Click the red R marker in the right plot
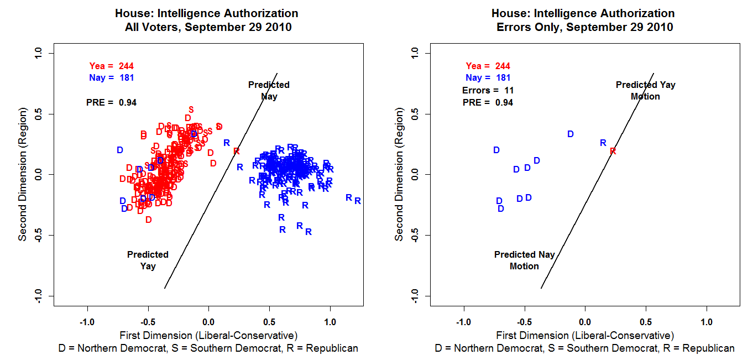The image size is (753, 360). tap(613, 151)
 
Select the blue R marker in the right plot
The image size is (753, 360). tap(603, 143)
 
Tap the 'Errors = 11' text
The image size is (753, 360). tap(488, 90)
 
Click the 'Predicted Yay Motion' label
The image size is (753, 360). tap(645, 91)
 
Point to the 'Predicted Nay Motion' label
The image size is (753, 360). tap(524, 260)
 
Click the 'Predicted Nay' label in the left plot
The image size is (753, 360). tap(269, 91)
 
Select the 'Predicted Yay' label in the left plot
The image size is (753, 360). tap(148, 260)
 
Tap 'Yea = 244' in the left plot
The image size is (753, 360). tap(112, 66)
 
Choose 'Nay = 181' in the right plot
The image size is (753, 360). tap(488, 78)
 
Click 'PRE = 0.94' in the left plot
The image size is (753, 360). tap(112, 102)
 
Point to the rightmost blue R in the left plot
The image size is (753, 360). tap(358, 201)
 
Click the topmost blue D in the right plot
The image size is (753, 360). tap(571, 134)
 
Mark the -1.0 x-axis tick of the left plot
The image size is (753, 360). tap(87, 322)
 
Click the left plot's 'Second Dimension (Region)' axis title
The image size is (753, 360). tap(23, 174)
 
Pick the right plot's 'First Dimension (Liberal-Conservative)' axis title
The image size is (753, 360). tap(585, 335)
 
